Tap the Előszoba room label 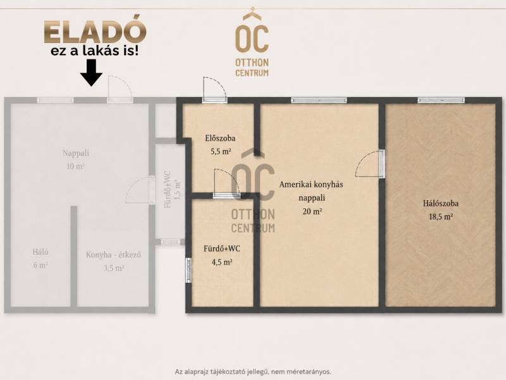pyautogui.click(x=220, y=138)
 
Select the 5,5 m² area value pyautogui.click(x=221, y=151)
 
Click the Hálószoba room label pyautogui.click(x=440, y=203)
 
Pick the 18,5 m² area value pyautogui.click(x=440, y=217)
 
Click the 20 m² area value pyautogui.click(x=312, y=212)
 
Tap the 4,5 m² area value pyautogui.click(x=222, y=262)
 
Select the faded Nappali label pyautogui.click(x=76, y=153)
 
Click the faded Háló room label pyautogui.click(x=40, y=251)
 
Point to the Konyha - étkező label pyautogui.click(x=113, y=255)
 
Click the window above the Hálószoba pyautogui.click(x=441, y=100)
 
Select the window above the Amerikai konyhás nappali pyautogui.click(x=319, y=100)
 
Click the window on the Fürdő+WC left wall pyautogui.click(x=188, y=269)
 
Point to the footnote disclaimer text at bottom pyautogui.click(x=253, y=372)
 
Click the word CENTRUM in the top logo pyautogui.click(x=252, y=73)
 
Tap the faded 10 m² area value pyautogui.click(x=75, y=167)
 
